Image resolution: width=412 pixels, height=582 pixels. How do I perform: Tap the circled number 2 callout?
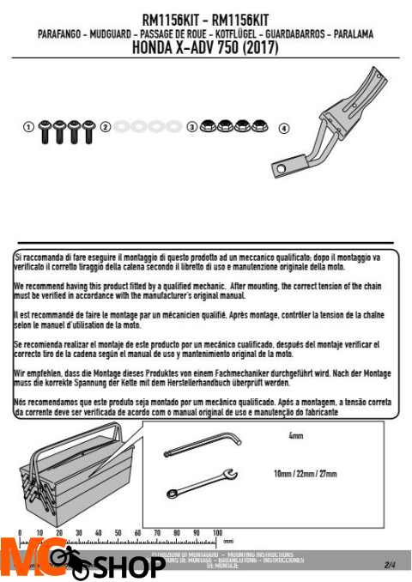(105, 127)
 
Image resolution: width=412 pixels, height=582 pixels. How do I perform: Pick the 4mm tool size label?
(296, 437)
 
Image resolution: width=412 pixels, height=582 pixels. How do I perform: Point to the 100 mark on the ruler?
(217, 533)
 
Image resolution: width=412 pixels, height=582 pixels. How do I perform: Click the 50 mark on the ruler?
(118, 533)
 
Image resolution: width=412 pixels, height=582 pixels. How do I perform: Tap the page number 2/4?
(391, 564)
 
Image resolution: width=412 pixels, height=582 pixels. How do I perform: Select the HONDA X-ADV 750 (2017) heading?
(205, 49)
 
